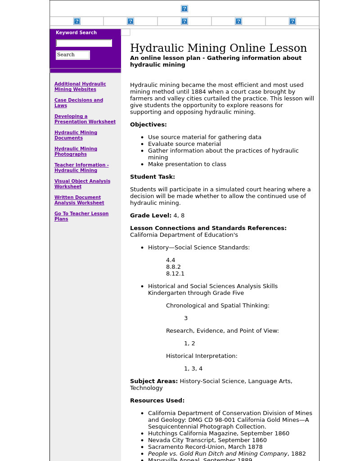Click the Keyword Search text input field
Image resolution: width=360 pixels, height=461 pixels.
pos(84,43)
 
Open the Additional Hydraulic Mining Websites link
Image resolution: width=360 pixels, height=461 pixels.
pos(80,86)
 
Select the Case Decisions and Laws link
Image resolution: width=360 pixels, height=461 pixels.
pos(78,103)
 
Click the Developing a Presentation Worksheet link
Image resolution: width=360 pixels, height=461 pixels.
pos(85,119)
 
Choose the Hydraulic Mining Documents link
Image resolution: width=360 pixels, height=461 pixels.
pos(76,135)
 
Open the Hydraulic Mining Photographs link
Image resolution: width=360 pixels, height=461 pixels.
pos(76,151)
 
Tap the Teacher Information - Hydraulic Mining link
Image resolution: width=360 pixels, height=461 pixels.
pos(81,167)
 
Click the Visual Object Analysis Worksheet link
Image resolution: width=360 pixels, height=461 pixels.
pos(82,184)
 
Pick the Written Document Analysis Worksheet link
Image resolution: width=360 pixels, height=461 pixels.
pos(79,200)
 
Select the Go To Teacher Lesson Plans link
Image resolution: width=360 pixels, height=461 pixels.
pos(81,216)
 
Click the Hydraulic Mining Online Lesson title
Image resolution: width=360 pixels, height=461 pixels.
pos(218,48)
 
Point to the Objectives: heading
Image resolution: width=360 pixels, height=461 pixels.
pos(148,125)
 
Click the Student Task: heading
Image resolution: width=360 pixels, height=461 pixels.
pos(152,177)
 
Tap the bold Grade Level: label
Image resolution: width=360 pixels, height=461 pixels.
pos(151,216)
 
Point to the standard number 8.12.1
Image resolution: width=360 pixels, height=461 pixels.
pos(175,274)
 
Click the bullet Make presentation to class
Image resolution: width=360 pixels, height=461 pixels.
pos(187,164)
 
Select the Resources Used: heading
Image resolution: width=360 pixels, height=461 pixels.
pos(157,401)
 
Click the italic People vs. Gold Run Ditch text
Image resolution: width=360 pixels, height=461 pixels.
pos(217,454)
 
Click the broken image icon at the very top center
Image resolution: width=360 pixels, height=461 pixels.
pos(184,9)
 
